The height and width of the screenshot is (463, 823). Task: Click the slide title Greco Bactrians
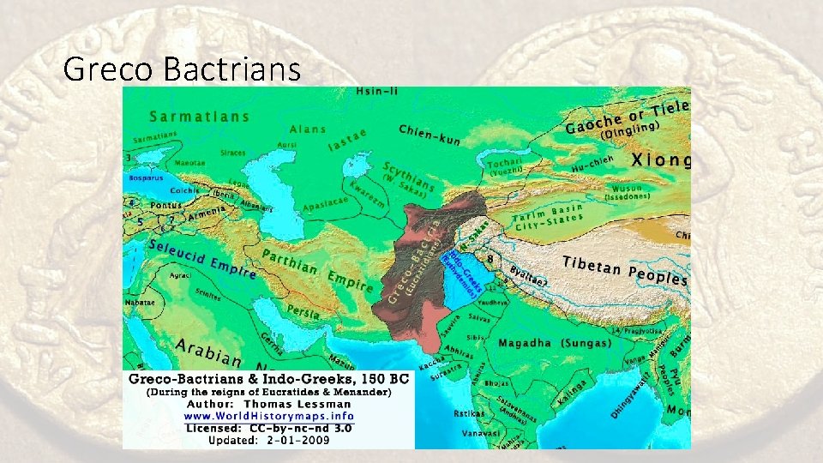point(182,68)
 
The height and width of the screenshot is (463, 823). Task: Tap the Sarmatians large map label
point(199,117)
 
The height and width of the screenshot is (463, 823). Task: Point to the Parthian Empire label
point(317,271)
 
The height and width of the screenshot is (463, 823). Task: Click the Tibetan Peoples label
point(624,270)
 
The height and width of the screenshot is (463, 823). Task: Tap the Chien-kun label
point(430,135)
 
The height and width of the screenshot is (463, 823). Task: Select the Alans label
point(307,129)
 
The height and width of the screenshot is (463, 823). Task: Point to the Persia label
point(303,310)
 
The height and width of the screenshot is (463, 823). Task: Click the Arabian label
point(208,352)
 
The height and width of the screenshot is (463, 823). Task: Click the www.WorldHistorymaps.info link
point(268,416)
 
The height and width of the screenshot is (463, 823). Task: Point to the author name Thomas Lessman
point(297,404)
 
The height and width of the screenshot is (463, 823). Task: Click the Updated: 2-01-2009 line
point(268,441)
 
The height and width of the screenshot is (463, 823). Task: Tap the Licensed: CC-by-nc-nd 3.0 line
point(268,428)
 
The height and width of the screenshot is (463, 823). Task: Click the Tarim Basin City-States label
point(549,216)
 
